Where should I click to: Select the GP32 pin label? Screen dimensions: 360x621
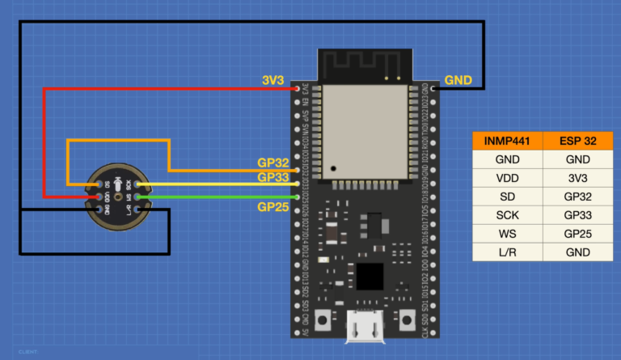coord(273,164)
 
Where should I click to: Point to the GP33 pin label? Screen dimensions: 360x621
coord(273,177)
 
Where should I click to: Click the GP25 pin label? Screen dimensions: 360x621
coord(273,206)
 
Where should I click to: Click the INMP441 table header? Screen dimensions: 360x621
coord(506,141)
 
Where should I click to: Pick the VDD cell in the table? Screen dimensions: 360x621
coord(506,178)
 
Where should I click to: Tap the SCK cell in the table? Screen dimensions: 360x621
coord(506,215)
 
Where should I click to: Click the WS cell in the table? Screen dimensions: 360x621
coord(506,234)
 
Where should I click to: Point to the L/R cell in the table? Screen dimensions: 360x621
coord(506,252)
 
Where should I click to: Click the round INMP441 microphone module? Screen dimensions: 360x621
coord(118,197)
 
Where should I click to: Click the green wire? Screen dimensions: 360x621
coord(218,197)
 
